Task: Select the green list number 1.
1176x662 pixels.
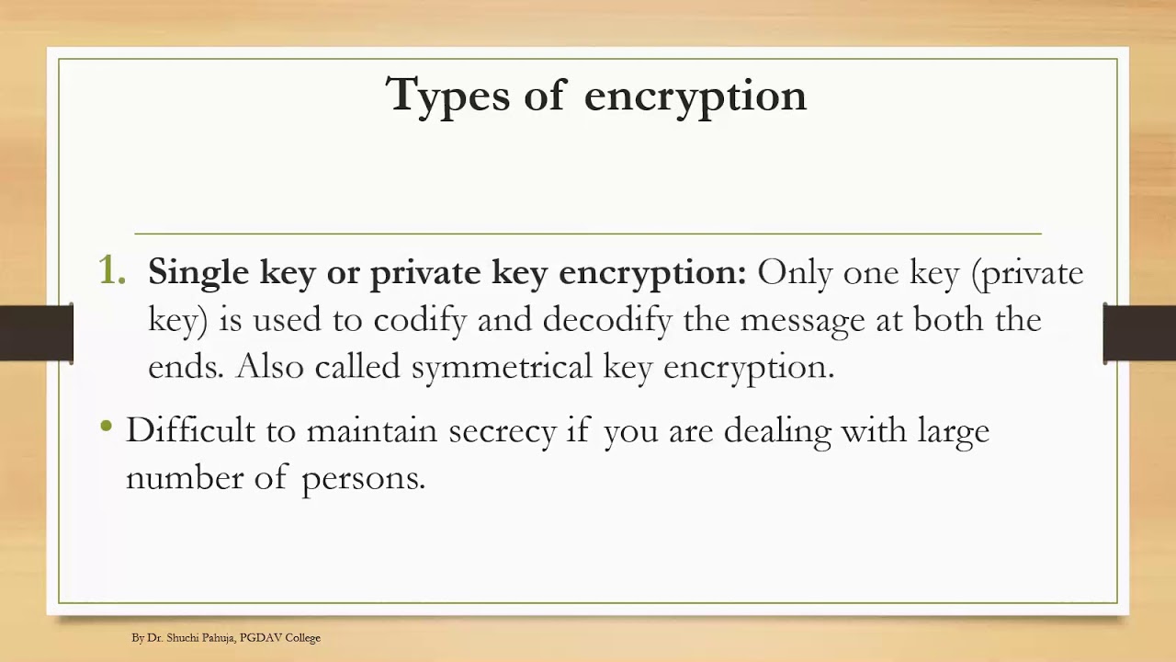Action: (x=111, y=271)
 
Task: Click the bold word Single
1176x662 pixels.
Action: (x=198, y=273)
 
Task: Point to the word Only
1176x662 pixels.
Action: (x=795, y=273)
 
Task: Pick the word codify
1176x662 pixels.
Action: (x=420, y=320)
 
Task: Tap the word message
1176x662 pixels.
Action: (x=803, y=321)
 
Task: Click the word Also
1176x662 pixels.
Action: (x=270, y=367)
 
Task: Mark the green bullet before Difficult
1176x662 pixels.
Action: (x=107, y=426)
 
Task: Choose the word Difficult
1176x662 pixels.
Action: (x=190, y=430)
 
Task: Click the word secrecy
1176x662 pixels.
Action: (x=502, y=431)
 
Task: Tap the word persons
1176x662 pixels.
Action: (x=363, y=479)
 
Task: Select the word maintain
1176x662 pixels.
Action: (x=371, y=430)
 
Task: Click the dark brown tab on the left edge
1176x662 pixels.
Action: (x=36, y=332)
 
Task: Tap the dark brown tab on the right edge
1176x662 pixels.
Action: (x=1140, y=332)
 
